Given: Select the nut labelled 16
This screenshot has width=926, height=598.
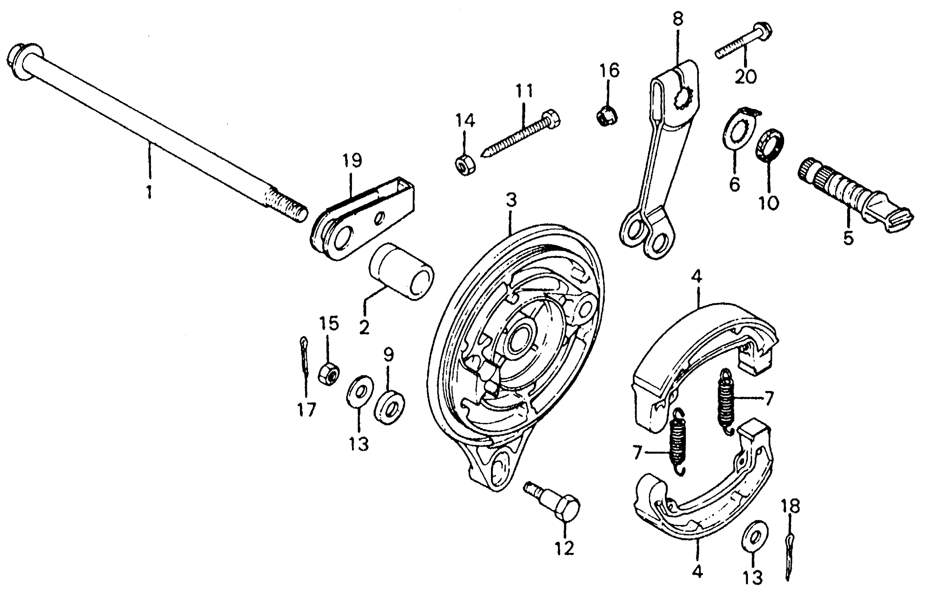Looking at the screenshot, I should tap(607, 116).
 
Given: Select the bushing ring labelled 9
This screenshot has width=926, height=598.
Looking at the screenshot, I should tap(389, 407).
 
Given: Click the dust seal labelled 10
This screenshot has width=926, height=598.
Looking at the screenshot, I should tap(769, 145).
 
